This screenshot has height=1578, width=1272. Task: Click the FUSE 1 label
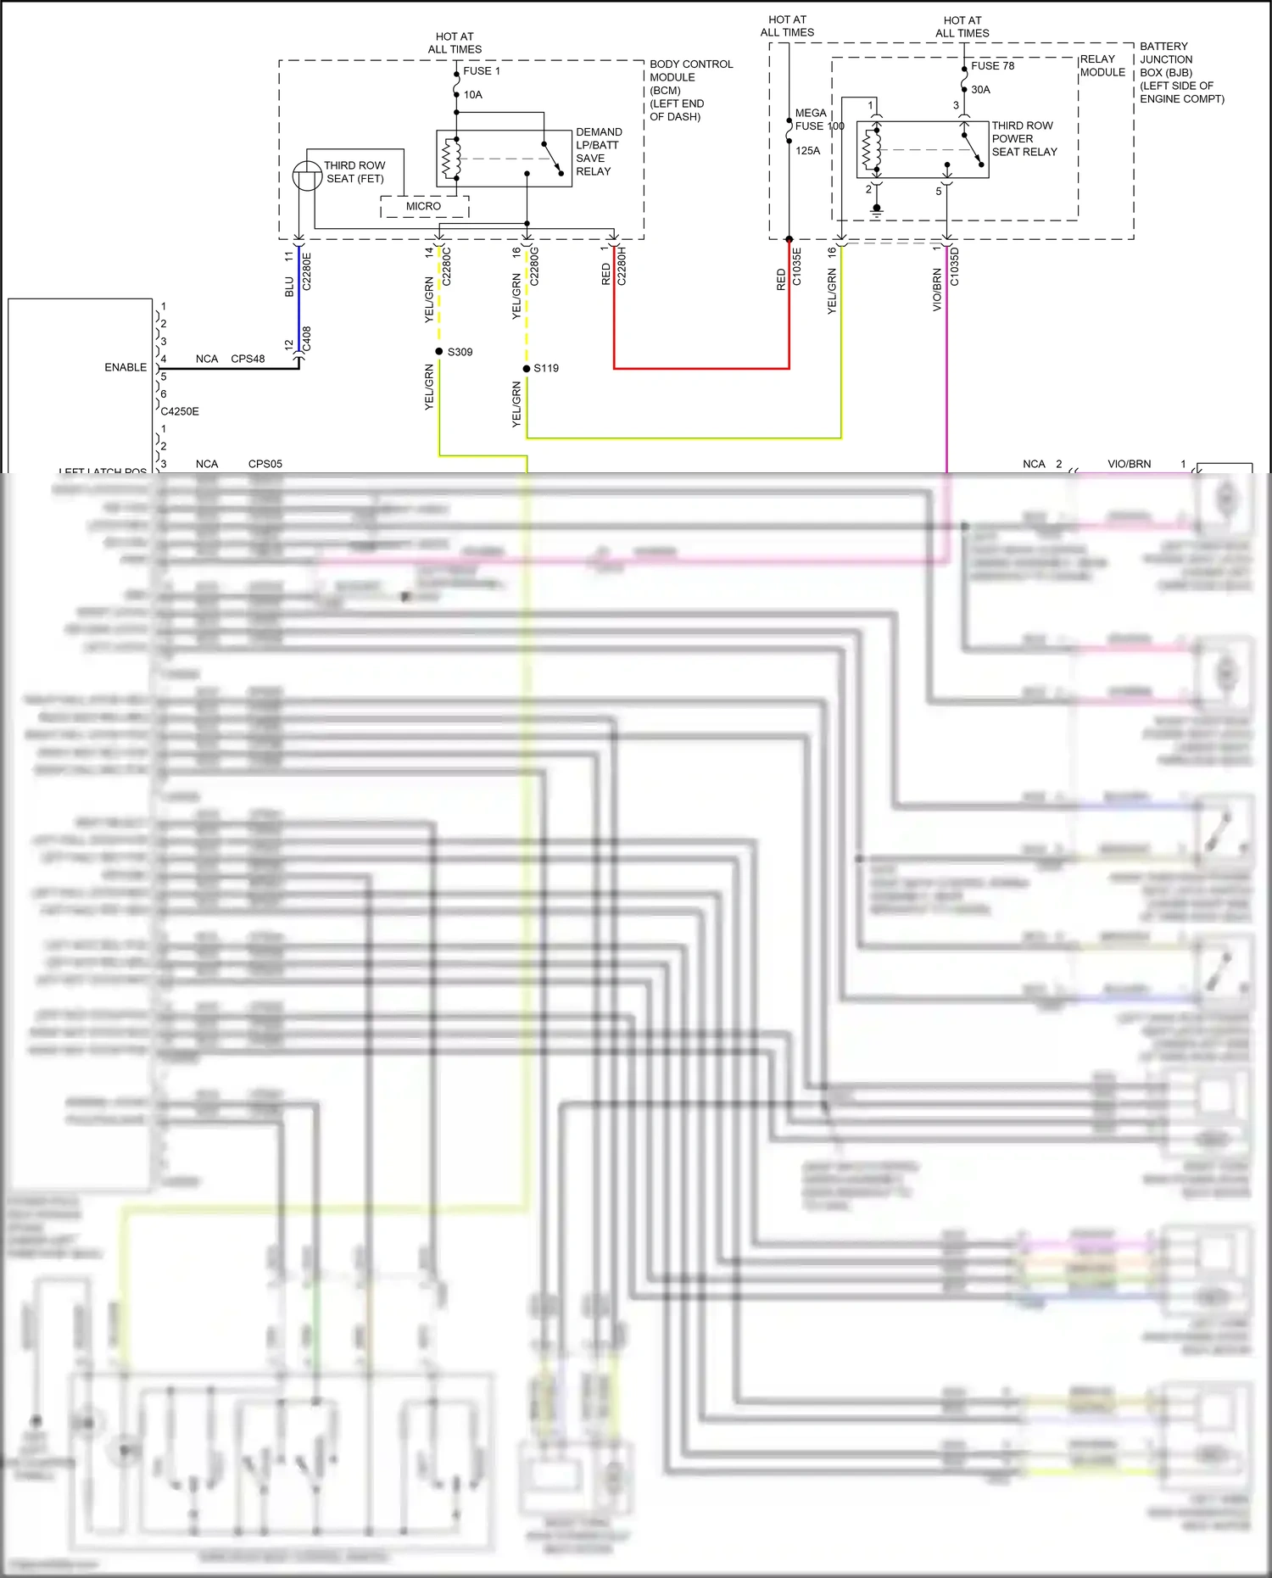point(481,71)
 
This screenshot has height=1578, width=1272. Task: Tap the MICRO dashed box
point(423,207)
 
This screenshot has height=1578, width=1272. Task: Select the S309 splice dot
point(439,351)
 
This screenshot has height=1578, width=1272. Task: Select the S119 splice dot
point(527,368)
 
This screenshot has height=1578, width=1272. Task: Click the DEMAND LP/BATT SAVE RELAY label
point(598,152)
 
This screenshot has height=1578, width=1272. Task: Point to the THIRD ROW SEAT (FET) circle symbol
point(307,176)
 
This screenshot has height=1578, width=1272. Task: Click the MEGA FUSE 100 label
point(818,120)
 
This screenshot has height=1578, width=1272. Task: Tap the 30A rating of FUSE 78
point(980,90)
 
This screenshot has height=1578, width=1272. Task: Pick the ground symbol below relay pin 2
point(877,210)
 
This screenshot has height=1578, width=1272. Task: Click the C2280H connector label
point(622,266)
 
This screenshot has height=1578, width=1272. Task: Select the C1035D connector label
point(955,266)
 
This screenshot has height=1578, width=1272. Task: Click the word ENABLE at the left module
point(126,367)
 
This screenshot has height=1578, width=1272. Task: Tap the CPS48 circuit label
point(248,359)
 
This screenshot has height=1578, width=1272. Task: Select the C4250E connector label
point(180,411)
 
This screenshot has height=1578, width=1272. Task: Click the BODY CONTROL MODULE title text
point(690,70)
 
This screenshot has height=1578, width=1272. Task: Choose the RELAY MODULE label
point(1102,66)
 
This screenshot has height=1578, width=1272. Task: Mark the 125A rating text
point(807,151)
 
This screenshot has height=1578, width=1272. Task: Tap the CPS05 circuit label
point(265,464)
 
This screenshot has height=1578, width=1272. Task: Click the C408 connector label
point(307,338)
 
